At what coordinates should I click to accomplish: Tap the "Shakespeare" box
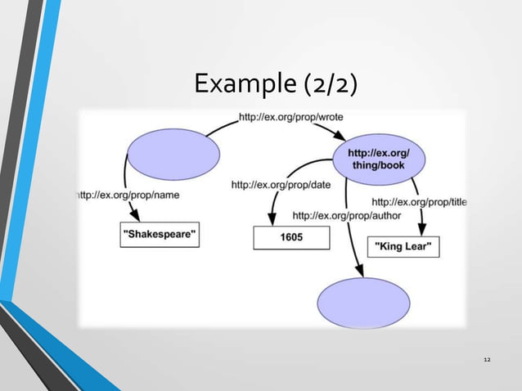[160, 236]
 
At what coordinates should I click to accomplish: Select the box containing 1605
[290, 237]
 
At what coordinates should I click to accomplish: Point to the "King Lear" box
[407, 246]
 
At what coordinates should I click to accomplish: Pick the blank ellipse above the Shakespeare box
[173, 155]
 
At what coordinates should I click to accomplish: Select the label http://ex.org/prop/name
[128, 195]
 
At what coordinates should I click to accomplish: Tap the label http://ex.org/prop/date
[281, 185]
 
